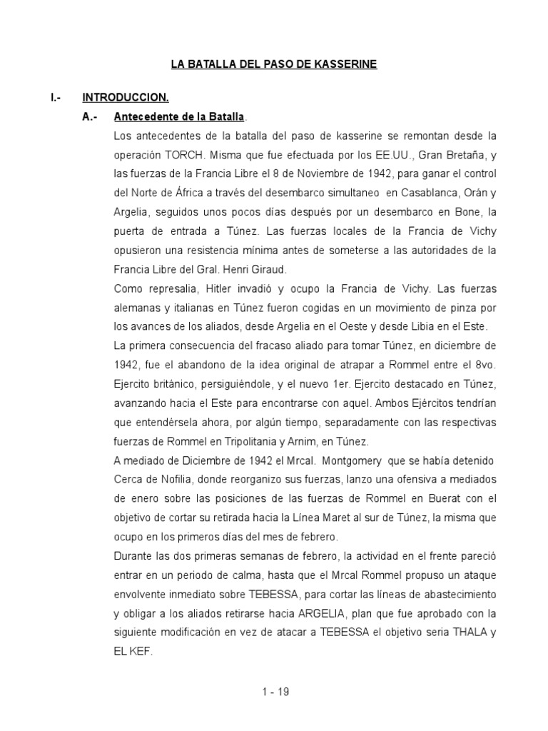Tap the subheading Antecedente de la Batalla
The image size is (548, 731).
click(x=179, y=116)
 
